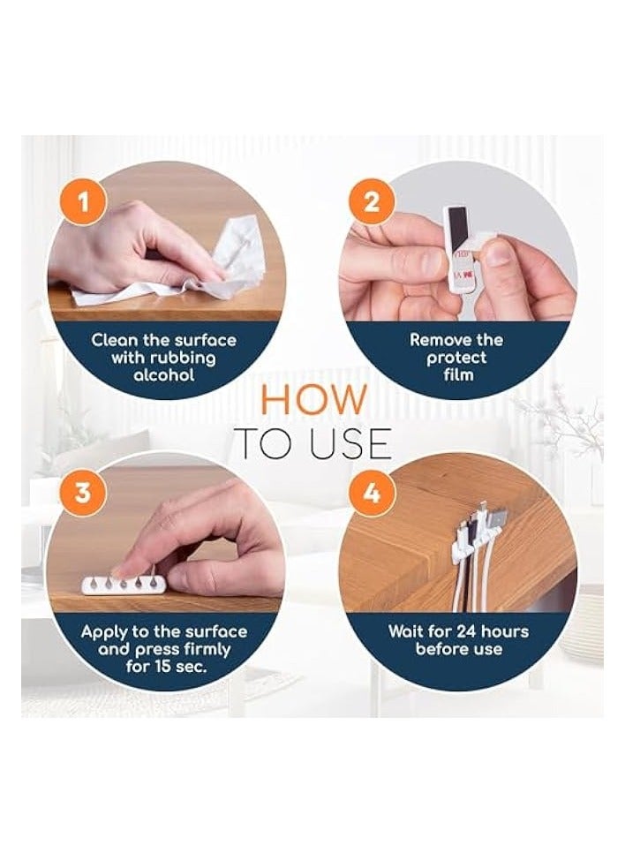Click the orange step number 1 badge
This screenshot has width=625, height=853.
point(83,203)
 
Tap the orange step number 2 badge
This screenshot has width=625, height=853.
point(371,203)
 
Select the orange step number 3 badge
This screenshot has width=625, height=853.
point(83,494)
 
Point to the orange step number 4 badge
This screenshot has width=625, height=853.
point(372,494)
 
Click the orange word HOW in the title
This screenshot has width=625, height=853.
point(314,400)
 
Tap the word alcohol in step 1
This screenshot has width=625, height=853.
point(163,374)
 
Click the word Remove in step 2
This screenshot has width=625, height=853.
point(435,340)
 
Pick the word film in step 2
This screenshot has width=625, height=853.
point(458,374)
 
